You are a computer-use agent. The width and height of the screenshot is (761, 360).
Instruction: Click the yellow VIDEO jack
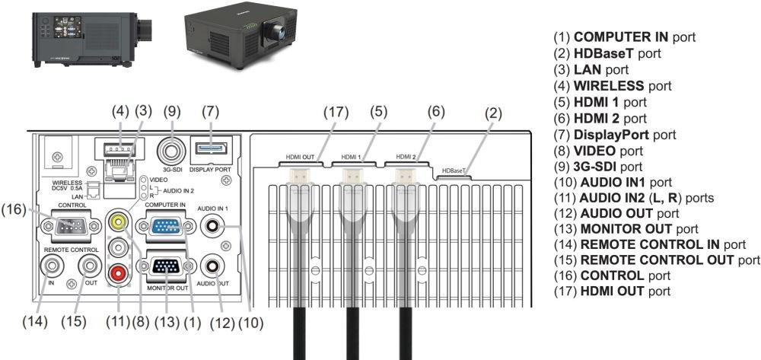118,221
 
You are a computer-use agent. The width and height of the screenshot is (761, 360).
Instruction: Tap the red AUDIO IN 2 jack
118,271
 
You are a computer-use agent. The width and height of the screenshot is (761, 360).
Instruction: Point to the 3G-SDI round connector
171,146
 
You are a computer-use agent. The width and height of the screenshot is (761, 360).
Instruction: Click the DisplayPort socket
211,147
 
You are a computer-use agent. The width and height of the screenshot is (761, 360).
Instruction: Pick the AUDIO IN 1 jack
212,225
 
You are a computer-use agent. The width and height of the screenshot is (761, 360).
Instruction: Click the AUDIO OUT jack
212,267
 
